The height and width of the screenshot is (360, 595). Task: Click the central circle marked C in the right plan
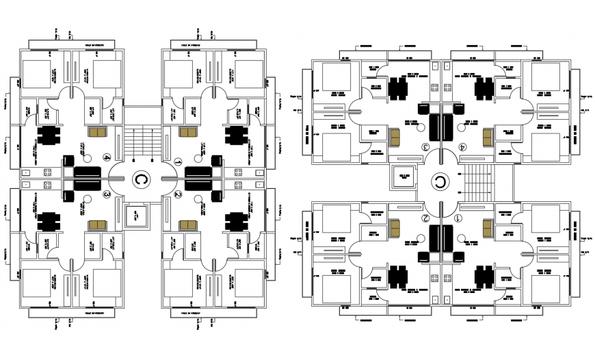pyautogui.click(x=439, y=183)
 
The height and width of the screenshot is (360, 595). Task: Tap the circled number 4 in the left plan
pyautogui.click(x=106, y=157)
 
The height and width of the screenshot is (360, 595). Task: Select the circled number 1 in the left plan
pyautogui.click(x=178, y=162)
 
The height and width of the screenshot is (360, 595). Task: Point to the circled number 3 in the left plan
pyautogui.click(x=106, y=194)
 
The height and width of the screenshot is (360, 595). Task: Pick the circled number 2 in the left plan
pyautogui.click(x=178, y=194)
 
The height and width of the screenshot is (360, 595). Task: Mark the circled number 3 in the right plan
pyautogui.click(x=425, y=146)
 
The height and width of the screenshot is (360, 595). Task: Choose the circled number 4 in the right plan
pyautogui.click(x=462, y=146)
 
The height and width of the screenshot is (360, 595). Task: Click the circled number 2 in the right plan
pyautogui.click(x=425, y=218)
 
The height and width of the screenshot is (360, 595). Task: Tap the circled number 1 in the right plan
pyautogui.click(x=458, y=218)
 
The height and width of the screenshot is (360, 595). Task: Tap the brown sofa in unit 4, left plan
pyautogui.click(x=98, y=132)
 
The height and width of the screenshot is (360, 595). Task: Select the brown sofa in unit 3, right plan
pyautogui.click(x=395, y=137)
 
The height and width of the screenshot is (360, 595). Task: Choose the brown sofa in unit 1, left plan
pyautogui.click(x=186, y=132)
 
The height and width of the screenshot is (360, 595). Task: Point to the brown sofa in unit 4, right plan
pyautogui.click(x=488, y=137)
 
